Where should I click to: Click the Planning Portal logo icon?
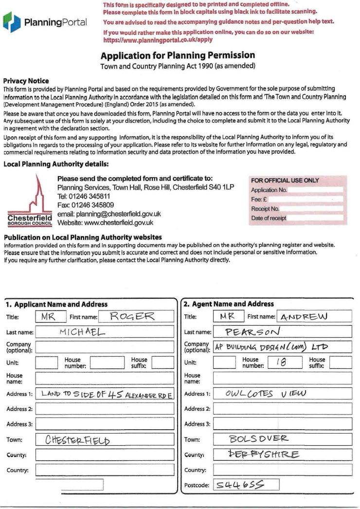pyautogui.click(x=12, y=22)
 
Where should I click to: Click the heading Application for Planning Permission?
pyautogui.click(x=178, y=55)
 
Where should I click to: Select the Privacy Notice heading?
pyautogui.click(x=26, y=81)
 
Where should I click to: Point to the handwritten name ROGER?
pyautogui.click(x=132, y=316)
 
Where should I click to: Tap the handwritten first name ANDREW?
pyautogui.click(x=305, y=317)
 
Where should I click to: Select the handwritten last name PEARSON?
pyautogui.click(x=252, y=332)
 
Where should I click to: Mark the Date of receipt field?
pyautogui.click(x=316, y=218)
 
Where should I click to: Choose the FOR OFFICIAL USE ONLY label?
pyautogui.click(x=285, y=181)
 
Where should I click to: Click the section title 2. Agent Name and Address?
pyautogui.click(x=229, y=304)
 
